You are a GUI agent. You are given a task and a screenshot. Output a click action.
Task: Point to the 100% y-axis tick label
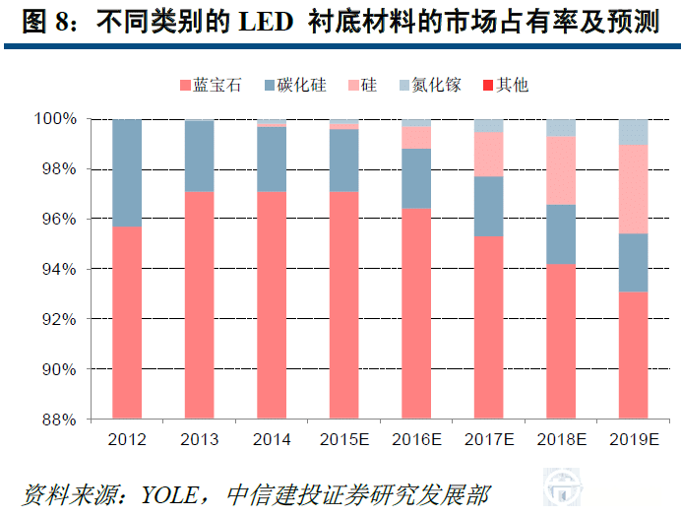55,119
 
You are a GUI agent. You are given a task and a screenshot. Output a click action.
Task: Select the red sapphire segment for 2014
273,305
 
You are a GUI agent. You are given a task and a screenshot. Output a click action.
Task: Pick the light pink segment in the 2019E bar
635,189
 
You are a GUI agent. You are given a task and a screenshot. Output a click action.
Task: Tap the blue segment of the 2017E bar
490,206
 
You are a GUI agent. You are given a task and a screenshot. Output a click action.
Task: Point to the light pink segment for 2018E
562,170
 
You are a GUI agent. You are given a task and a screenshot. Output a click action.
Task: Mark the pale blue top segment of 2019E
635,132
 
